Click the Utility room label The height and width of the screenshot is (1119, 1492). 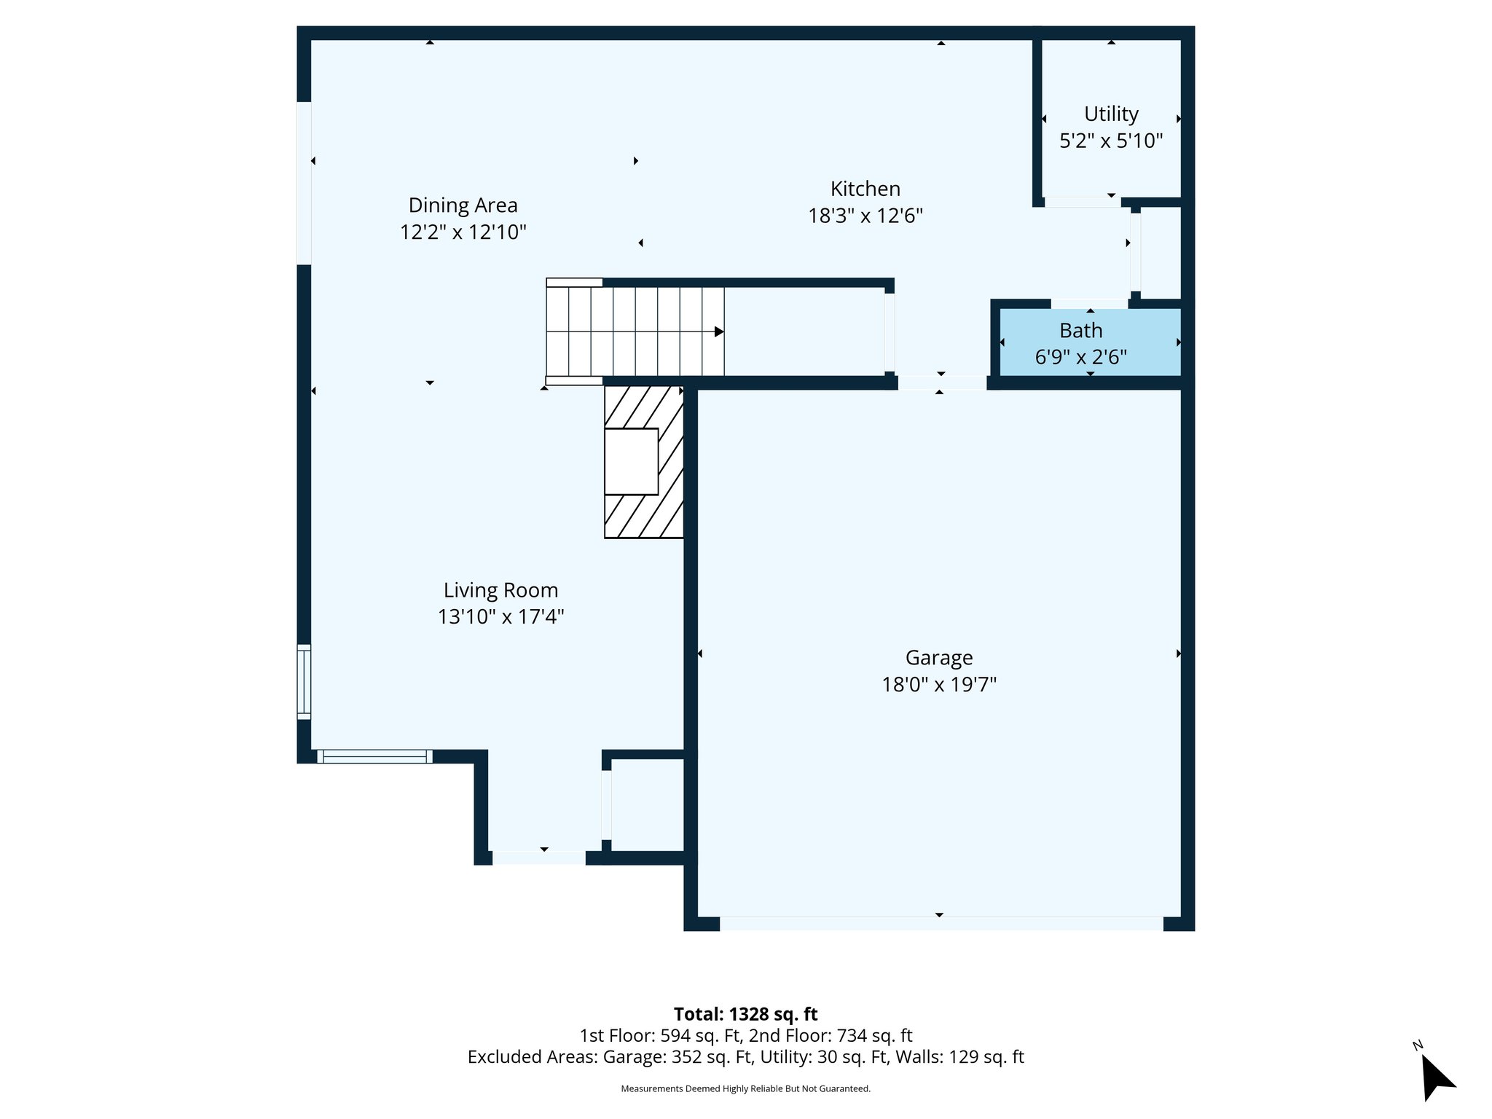[1110, 114]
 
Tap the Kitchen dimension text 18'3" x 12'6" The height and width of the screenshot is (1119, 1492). [865, 216]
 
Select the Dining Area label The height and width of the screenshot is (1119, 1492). [463, 205]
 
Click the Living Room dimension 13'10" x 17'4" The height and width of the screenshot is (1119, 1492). [500, 617]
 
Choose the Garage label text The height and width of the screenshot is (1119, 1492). [938, 658]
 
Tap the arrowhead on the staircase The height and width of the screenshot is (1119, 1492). [718, 332]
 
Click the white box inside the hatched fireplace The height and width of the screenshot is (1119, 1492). [631, 462]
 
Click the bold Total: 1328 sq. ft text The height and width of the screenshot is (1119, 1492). [745, 1014]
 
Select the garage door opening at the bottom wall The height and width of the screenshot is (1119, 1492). [941, 924]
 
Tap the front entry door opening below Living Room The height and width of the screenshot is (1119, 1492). [538, 858]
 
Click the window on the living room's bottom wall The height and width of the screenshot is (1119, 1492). [374, 757]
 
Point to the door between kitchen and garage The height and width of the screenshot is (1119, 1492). [941, 382]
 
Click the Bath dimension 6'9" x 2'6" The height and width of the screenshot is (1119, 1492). [1080, 358]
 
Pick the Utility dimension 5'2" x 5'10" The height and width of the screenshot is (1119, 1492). [1110, 141]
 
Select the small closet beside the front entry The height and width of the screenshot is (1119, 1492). [647, 804]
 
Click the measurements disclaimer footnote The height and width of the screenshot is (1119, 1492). [745, 1088]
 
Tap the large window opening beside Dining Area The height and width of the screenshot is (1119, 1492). [304, 183]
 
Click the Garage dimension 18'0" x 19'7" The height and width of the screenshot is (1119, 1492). [938, 685]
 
